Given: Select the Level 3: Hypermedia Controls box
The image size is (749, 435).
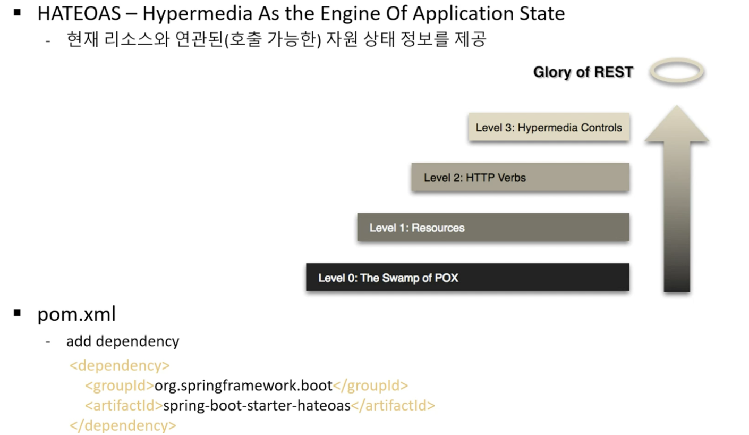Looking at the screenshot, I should pos(549,127).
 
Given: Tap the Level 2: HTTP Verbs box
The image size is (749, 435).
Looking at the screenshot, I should pos(520,177).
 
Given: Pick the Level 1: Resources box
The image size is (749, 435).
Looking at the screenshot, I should pos(493,228).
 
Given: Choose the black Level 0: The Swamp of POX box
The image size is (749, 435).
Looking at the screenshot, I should pos(467,278).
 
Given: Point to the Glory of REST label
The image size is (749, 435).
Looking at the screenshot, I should pos(583,72).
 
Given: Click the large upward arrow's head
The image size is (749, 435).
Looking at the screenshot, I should pos(677,125).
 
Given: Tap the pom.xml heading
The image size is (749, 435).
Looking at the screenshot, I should pos(76,314).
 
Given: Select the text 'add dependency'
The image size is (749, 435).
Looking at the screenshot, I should pos(123,341).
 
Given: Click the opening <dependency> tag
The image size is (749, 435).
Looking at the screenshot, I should pos(120,365).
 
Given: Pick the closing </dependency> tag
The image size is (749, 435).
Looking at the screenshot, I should pos(123,426).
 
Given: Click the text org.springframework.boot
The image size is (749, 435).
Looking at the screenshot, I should pos(243,386).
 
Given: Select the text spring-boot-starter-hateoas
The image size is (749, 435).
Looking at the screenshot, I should pos(257,406).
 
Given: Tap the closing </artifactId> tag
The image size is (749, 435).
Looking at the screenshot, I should pos(393,406).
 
